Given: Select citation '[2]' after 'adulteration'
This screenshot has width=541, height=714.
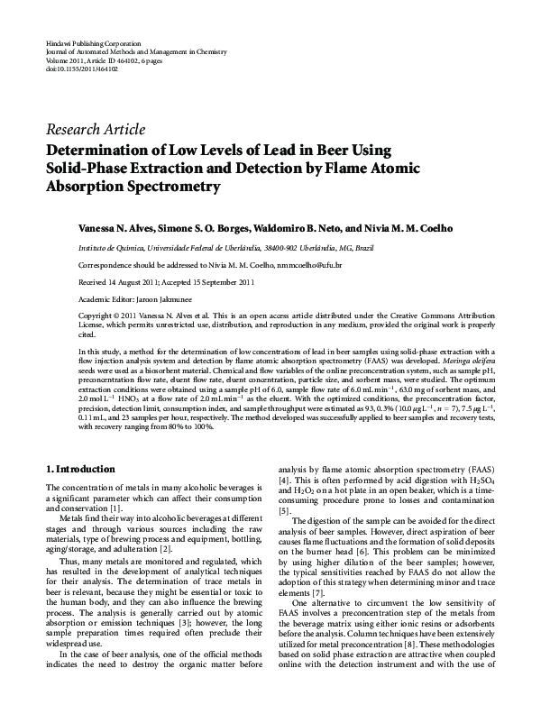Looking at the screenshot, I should [x=166, y=548].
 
